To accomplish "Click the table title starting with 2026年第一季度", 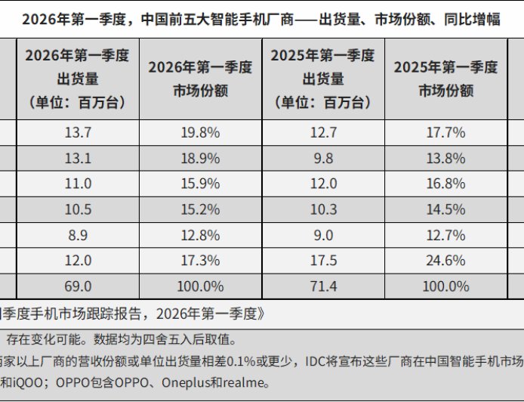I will (x=261, y=19).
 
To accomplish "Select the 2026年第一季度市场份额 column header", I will (x=200, y=79).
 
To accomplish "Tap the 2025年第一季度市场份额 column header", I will (x=445, y=79).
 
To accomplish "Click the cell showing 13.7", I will (x=79, y=132).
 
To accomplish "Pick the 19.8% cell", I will (x=200, y=132).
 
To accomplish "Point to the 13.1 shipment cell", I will (x=79, y=158).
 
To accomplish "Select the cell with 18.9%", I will (x=200, y=158).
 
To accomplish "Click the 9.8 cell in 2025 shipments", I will (x=322, y=158).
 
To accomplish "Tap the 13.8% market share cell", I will (x=445, y=158).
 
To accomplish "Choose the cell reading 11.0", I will (x=79, y=184).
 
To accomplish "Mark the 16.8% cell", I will (x=445, y=184).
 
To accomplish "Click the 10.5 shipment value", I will (x=79, y=209).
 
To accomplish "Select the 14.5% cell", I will (x=445, y=209).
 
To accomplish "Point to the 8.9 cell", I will (x=79, y=235).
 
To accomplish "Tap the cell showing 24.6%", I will (x=445, y=261).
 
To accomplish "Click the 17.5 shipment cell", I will (x=322, y=261).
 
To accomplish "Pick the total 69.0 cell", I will (x=79, y=286).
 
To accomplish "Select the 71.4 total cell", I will (x=322, y=286).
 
